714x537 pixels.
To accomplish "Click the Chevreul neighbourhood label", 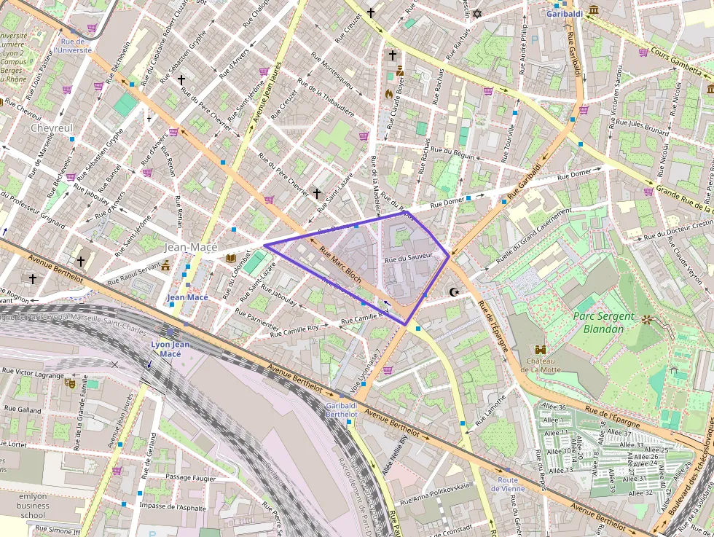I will (52, 128).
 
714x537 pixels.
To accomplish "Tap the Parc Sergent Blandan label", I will (598, 322).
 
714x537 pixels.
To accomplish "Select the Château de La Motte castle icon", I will (540, 350).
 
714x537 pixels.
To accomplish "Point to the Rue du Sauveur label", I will (409, 256).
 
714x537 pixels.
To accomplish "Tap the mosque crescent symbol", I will (455, 292).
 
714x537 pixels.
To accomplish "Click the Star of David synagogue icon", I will (478, 13).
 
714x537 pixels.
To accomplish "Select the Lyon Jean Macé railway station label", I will (170, 348).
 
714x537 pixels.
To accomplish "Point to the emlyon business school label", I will (33, 505).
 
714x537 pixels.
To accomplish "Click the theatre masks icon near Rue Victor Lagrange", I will (71, 383).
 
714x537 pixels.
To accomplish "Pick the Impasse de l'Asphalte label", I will (172, 506).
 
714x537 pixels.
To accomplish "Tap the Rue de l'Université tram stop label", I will (76, 46).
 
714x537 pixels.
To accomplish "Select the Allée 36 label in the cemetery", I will (554, 407).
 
